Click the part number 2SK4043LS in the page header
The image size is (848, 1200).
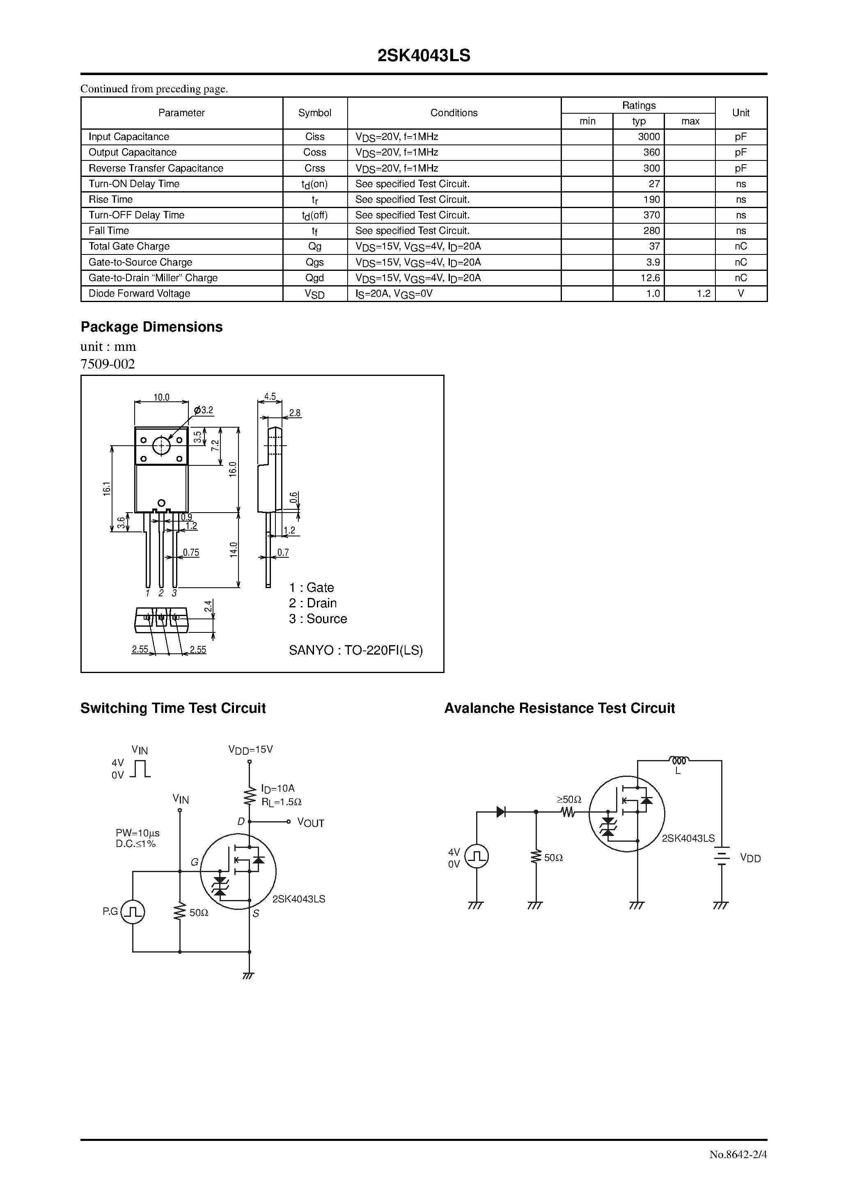coord(424,56)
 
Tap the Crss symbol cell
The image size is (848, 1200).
coord(315,168)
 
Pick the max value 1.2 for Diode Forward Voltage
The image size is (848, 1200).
coord(703,294)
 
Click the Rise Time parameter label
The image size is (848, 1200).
coord(111,199)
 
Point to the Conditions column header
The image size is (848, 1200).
coord(454,113)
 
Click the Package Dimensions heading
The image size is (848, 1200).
coord(151,327)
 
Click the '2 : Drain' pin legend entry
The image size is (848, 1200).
coord(313,603)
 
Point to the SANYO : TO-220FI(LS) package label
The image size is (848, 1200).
coord(355,650)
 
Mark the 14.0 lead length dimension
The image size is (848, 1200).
coord(233,550)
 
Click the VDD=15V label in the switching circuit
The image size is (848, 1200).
coord(250,749)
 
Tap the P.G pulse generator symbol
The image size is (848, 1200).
coord(133,912)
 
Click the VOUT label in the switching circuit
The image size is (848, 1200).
coord(311,823)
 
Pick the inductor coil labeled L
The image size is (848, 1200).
coord(678,760)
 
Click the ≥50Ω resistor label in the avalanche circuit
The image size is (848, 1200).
coord(569,799)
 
